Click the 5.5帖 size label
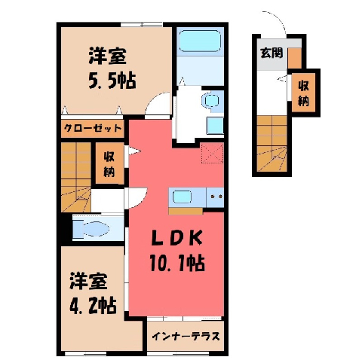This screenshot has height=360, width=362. (x=112, y=81)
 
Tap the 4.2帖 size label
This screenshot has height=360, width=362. (x=93, y=305)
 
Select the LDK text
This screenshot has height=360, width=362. (x=177, y=238)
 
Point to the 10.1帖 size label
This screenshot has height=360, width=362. (x=177, y=263)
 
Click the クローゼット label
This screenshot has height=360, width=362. (x=93, y=128)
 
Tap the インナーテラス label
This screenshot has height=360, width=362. (x=186, y=336)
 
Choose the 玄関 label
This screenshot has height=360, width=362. (x=271, y=53)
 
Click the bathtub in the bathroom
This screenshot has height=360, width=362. (x=201, y=41)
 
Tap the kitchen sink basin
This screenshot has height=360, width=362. (x=183, y=197)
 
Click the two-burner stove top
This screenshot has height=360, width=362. (x=215, y=197)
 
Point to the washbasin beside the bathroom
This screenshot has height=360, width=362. (x=210, y=100)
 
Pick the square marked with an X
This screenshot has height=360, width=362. (x=212, y=154)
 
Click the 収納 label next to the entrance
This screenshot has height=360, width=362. (x=303, y=93)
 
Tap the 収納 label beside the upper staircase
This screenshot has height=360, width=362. (x=109, y=164)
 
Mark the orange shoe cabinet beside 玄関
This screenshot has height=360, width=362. (x=295, y=57)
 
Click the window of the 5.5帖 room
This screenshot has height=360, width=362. (x=142, y=24)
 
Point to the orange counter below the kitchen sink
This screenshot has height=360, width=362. (x=186, y=211)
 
